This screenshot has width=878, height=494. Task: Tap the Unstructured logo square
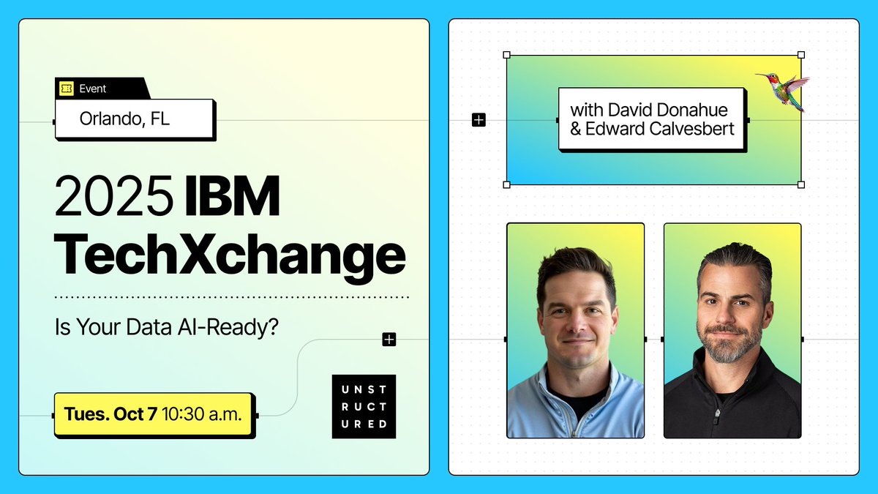click(x=364, y=407)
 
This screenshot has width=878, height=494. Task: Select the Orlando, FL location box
click(x=135, y=119)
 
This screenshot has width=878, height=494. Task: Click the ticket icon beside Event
click(x=67, y=89)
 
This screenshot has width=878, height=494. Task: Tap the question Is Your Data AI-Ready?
click(x=167, y=327)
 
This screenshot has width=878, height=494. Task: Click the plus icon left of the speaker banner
click(x=479, y=119)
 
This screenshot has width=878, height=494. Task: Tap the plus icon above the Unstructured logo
click(x=389, y=339)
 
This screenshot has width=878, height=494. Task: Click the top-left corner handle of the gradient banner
click(x=507, y=55)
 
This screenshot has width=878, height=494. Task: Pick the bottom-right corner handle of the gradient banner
click(x=800, y=184)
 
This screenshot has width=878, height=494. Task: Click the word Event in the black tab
click(x=93, y=89)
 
